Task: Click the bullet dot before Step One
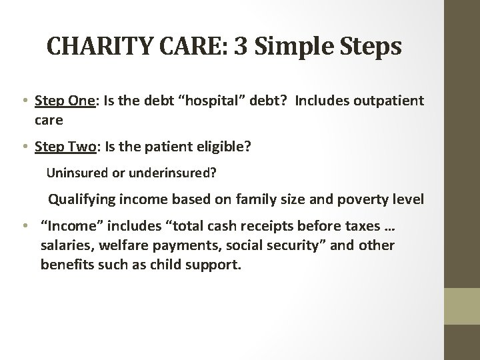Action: tap(25, 101)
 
